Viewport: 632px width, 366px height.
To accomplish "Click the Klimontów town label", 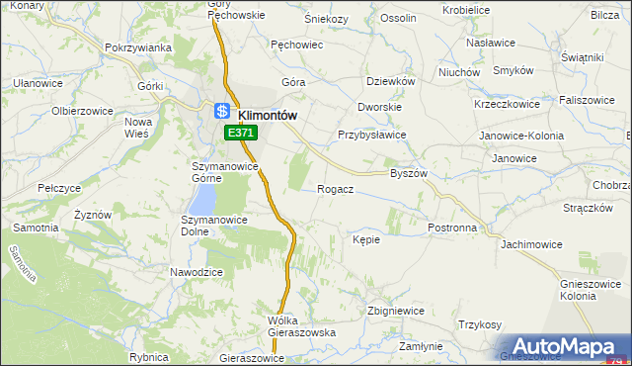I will (268, 115).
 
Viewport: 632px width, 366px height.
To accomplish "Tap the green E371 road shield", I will (241, 133).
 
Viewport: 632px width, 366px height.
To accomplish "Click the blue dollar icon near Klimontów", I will (223, 111).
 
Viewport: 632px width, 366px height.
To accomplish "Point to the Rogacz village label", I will (336, 188).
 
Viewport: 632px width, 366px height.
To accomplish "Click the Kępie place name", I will (365, 238).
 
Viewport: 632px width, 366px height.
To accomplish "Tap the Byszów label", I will (408, 172).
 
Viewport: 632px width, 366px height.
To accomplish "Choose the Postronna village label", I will (453, 227).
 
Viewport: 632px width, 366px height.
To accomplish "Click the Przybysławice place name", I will (372, 137).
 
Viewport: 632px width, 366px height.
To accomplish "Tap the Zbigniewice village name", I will (395, 310).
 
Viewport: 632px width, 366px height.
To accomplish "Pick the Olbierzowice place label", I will (78, 109).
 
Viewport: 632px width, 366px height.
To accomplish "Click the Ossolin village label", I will (398, 18).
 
